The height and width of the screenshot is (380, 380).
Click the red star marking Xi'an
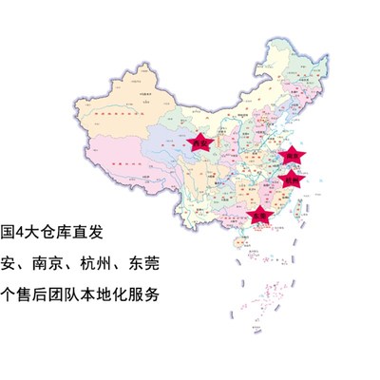point(199,143)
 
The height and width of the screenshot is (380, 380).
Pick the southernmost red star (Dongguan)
point(258,217)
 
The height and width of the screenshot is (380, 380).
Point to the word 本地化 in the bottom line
point(111,293)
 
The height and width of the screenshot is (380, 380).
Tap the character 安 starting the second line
point(9,263)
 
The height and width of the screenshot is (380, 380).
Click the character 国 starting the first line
point(6,233)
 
